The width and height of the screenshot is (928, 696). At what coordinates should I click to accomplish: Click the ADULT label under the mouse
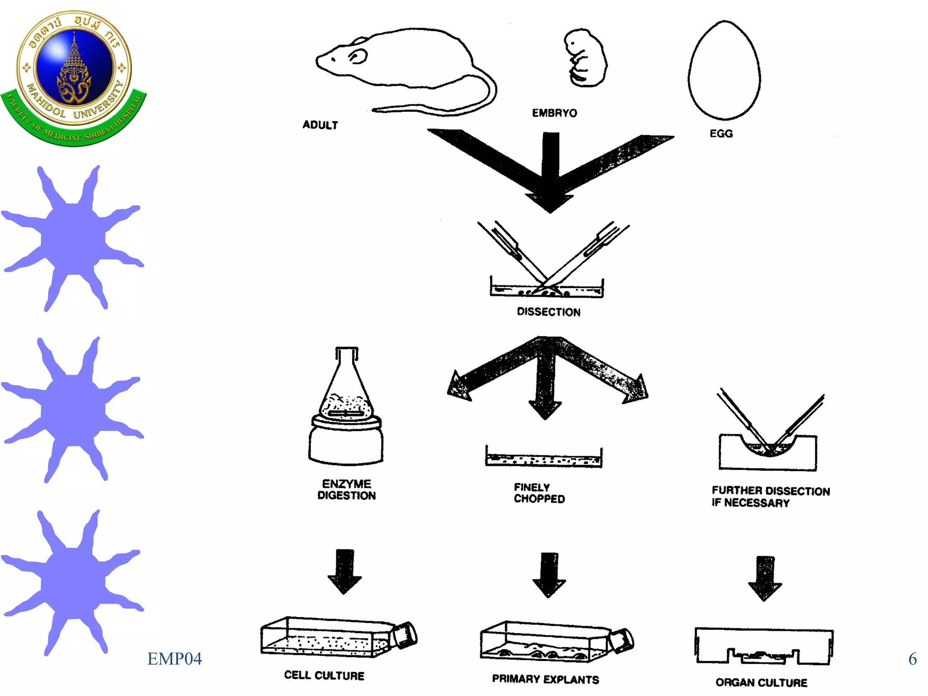[320, 125]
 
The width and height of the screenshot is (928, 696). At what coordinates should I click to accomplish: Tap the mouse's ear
[358, 57]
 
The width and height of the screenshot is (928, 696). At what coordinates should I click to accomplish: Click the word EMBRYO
[554, 113]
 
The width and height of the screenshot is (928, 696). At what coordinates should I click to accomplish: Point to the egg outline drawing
[724, 70]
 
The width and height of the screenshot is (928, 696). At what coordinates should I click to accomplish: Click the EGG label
[721, 134]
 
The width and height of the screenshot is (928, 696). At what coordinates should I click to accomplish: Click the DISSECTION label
[548, 312]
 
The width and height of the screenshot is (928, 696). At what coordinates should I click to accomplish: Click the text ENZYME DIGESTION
[347, 489]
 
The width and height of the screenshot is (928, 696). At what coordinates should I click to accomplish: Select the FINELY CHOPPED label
[539, 493]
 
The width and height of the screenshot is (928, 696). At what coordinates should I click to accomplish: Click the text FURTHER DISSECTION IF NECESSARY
[770, 497]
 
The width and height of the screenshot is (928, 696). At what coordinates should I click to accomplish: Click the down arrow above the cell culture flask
[345, 571]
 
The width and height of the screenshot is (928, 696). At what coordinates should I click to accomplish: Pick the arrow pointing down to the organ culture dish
[765, 578]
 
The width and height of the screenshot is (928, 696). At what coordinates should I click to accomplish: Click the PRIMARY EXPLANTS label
[546, 679]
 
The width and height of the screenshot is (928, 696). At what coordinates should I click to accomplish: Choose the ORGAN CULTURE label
[761, 682]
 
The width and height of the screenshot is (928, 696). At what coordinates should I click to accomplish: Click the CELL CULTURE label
[324, 675]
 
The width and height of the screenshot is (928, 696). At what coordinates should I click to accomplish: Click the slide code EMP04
[174, 658]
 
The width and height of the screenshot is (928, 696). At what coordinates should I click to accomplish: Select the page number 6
[912, 658]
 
